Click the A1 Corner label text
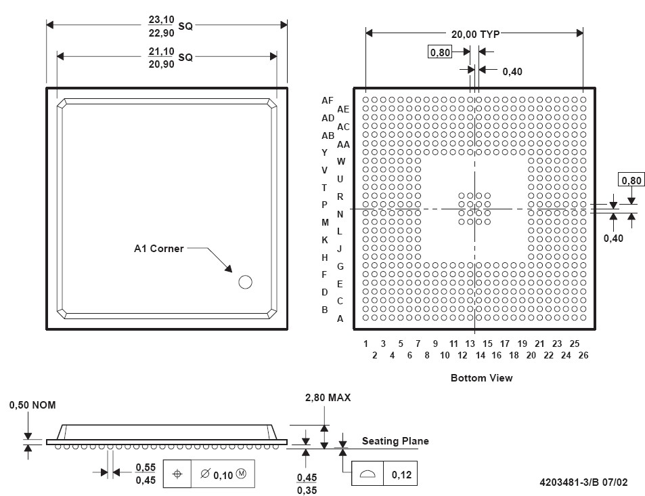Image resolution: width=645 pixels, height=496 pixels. point(159,249)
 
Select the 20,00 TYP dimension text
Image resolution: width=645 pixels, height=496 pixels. point(476,34)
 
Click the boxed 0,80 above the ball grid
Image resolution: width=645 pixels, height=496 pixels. point(440,52)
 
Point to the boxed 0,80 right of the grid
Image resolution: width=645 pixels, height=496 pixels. point(631,180)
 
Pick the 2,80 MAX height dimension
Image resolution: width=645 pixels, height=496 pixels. point(328,398)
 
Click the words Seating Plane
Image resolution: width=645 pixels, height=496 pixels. point(395,441)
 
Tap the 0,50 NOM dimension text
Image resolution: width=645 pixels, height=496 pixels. point(32,405)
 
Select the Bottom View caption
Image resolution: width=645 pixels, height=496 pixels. point(482,378)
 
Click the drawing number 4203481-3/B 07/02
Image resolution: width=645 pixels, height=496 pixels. point(583,482)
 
